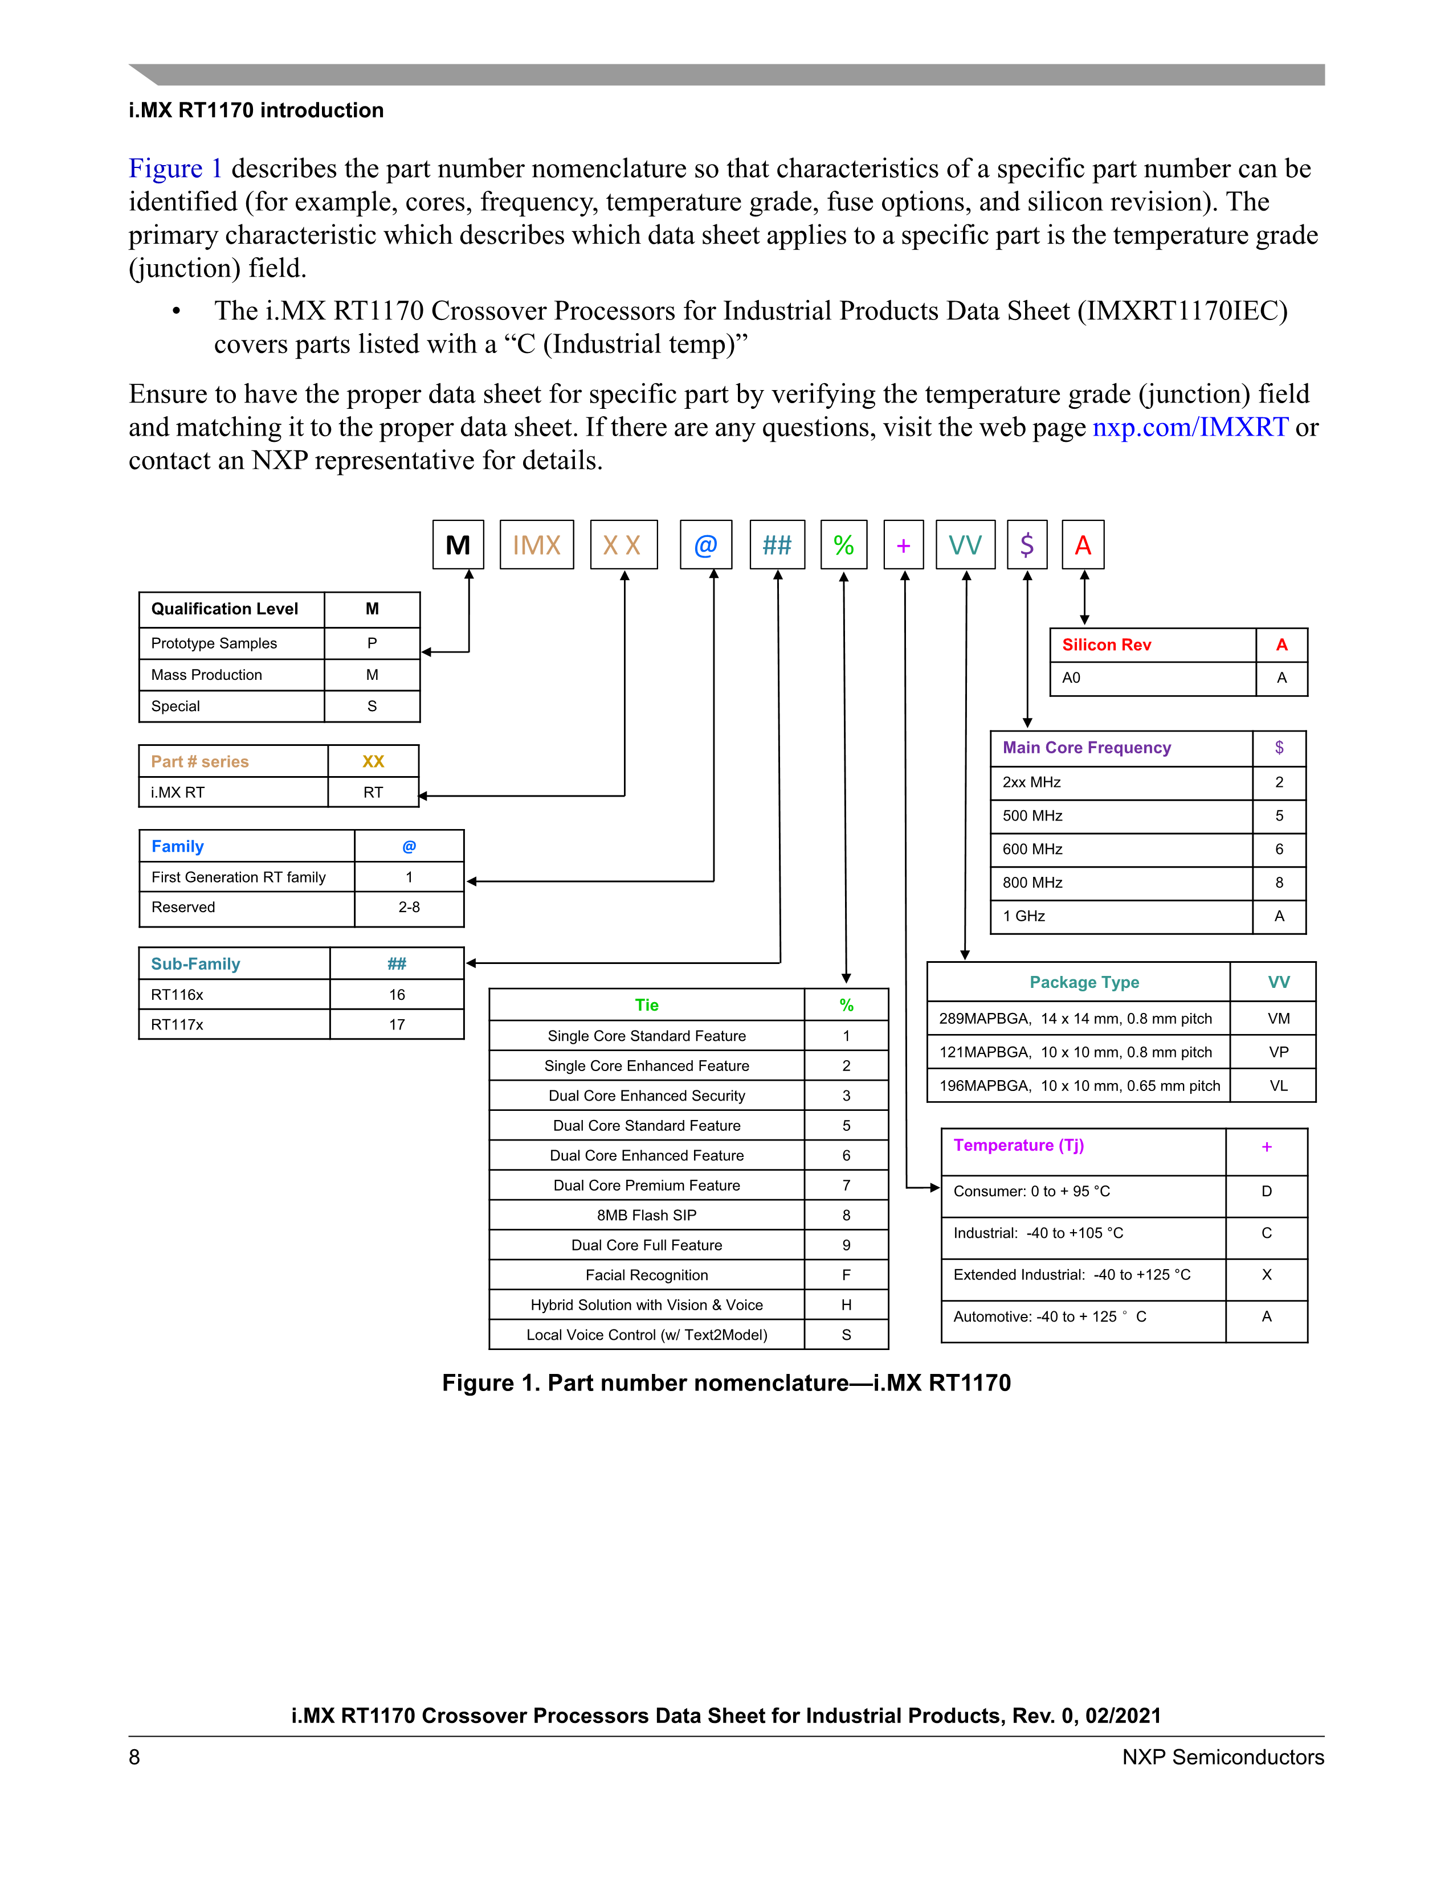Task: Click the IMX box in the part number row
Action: point(536,544)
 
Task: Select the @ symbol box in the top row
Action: point(706,544)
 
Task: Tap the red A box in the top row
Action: point(1083,544)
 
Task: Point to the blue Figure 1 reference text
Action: point(175,169)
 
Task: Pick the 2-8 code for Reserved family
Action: point(409,908)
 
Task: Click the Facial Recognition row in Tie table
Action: point(647,1275)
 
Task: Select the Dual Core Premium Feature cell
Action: point(647,1185)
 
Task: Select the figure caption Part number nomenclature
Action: point(725,1382)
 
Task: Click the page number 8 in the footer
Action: point(134,1757)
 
